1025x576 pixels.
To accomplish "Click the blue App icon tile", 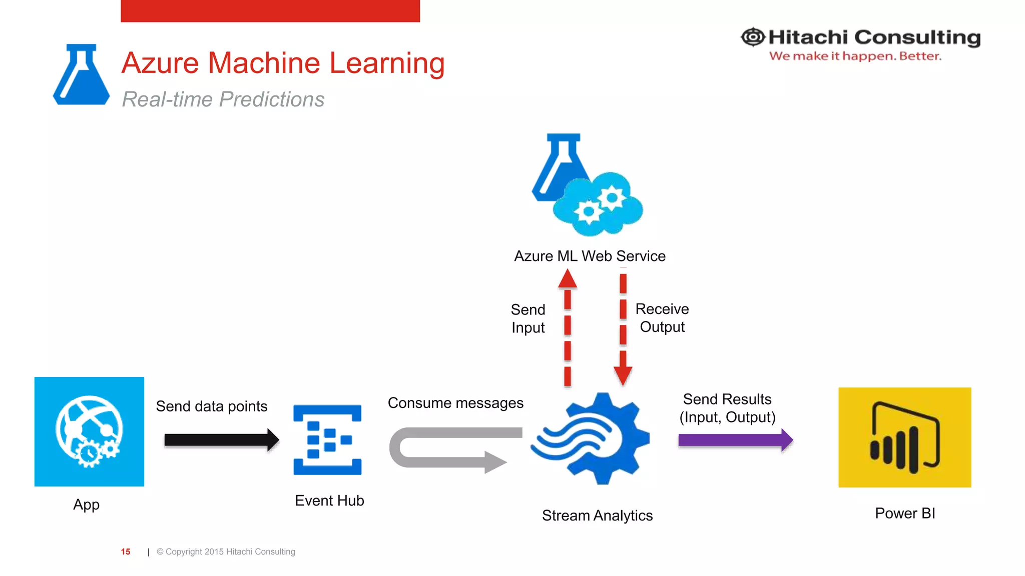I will (89, 431).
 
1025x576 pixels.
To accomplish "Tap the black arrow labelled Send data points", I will (220, 440).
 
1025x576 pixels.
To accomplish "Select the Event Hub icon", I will (327, 440).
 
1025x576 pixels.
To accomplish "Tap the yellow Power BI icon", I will (904, 437).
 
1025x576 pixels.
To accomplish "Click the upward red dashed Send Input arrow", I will (568, 327).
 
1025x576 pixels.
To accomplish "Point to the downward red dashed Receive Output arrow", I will (623, 327).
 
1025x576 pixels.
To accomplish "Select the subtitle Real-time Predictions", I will (223, 99).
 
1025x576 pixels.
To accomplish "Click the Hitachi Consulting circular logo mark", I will (753, 37).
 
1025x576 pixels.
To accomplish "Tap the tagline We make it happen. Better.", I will (855, 56).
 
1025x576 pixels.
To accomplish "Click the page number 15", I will (126, 551).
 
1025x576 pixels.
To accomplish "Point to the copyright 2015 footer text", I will (226, 551).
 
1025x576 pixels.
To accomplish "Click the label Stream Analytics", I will (597, 515).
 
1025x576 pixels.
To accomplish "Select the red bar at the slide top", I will (270, 10).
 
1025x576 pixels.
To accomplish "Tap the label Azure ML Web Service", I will (590, 256).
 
